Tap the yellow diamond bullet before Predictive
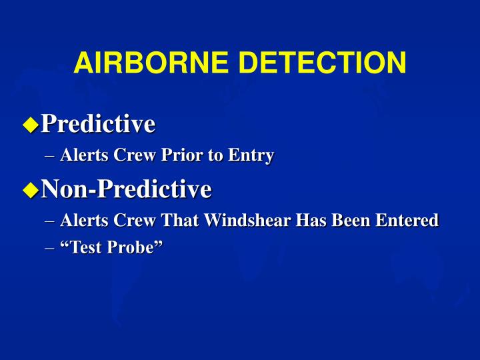pos(30,124)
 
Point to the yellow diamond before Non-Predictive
pos(30,190)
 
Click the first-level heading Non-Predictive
pos(126,189)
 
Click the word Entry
pos(251,155)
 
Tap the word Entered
pos(408,220)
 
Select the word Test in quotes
pos(83,247)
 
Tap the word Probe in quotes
pos(137,247)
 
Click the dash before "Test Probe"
pos(53,247)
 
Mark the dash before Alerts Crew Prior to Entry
pos(53,156)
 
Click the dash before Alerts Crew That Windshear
pos(53,221)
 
